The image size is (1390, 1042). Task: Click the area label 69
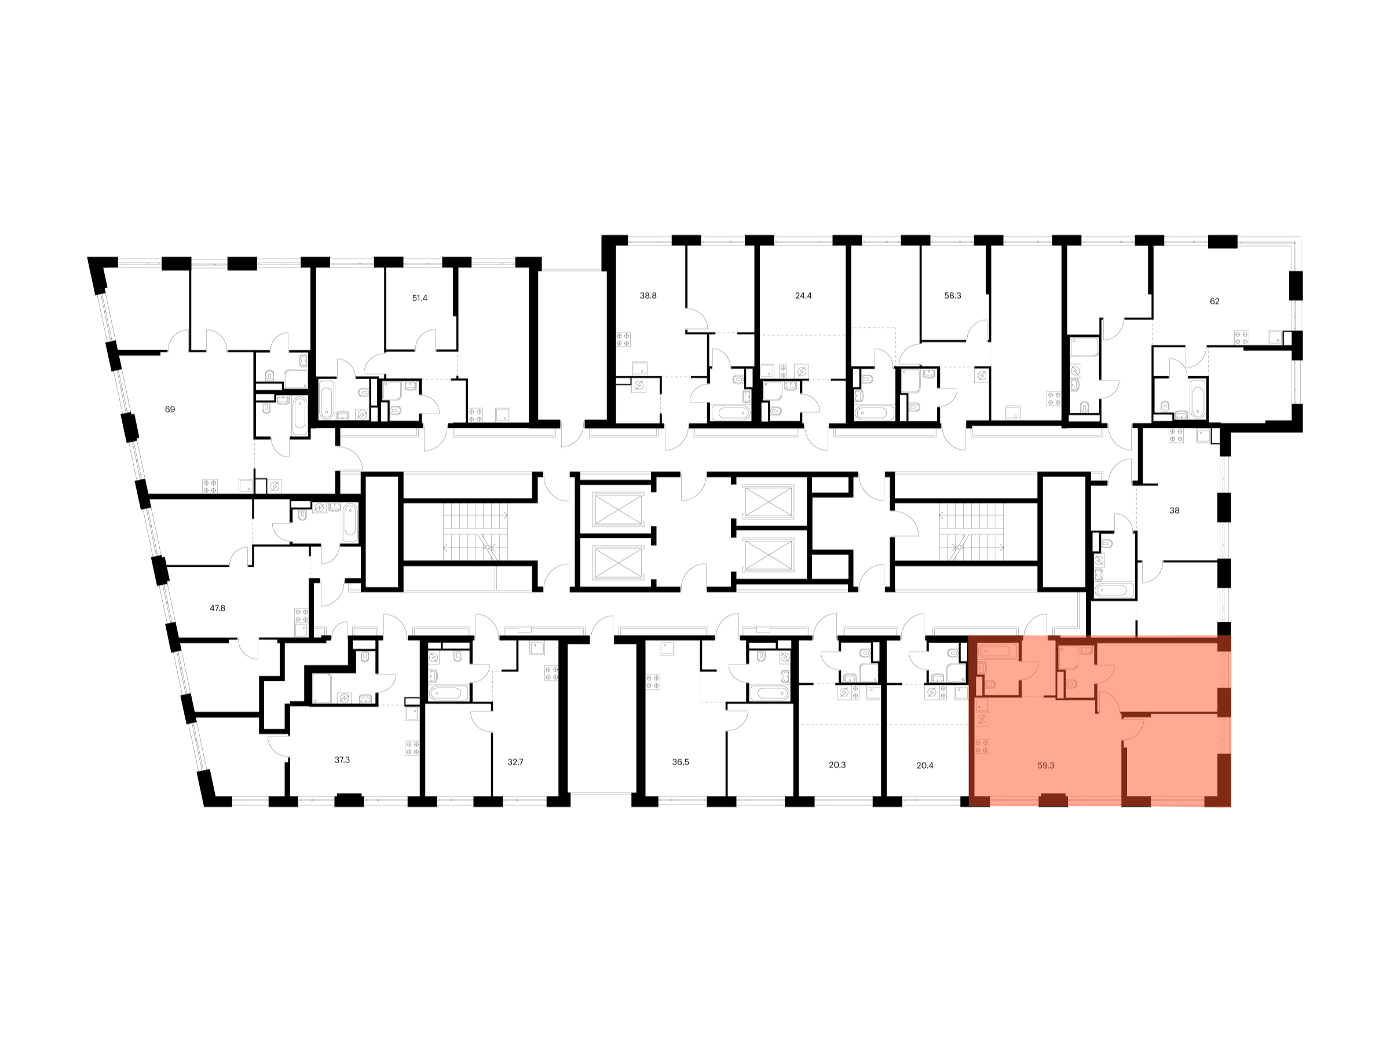point(170,409)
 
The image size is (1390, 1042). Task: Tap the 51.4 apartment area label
point(419,298)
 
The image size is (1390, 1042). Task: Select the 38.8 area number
point(648,295)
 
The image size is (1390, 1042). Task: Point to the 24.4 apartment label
point(803,295)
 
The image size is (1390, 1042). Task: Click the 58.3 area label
point(953,295)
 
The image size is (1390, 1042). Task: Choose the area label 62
point(1215,301)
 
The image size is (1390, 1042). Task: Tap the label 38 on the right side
point(1175,511)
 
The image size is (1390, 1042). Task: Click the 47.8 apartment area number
point(217,608)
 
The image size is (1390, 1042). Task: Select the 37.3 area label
point(342,760)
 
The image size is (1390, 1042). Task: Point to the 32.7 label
point(515,762)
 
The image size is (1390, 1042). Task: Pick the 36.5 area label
point(681,762)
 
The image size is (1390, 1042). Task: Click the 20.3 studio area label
point(837,765)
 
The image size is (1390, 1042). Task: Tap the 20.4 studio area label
point(925,765)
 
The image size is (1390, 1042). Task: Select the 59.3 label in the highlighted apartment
point(1045,765)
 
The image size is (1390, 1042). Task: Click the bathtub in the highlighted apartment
point(997,651)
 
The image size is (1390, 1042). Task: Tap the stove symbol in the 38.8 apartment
point(623,339)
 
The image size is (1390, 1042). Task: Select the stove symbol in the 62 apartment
point(1241,337)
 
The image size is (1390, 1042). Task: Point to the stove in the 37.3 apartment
point(412,747)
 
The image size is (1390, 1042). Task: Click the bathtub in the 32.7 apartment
point(449,693)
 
